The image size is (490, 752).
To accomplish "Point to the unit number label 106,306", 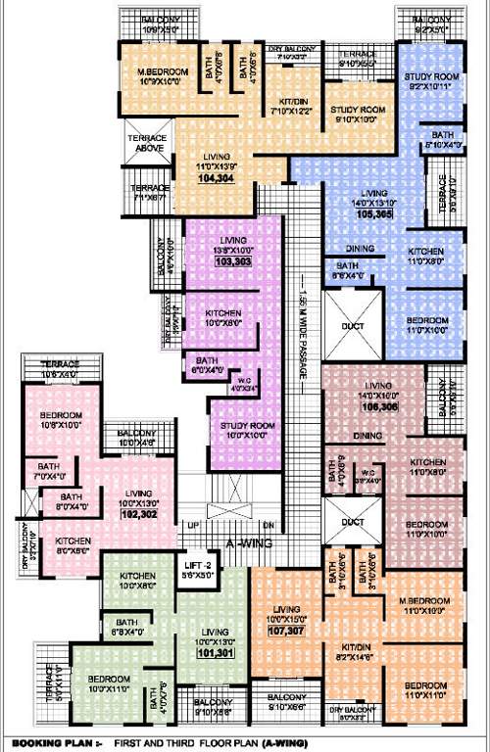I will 378,404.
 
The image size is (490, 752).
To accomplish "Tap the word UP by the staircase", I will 194,526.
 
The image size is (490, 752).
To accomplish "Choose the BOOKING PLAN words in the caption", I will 40,741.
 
